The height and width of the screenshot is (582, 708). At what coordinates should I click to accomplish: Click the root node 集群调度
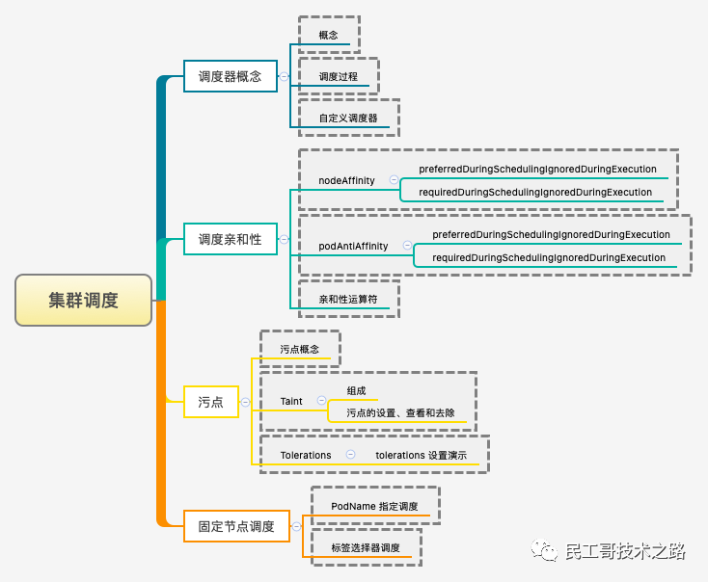pyautogui.click(x=83, y=300)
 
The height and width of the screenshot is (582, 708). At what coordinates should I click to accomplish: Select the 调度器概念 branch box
pyautogui.click(x=230, y=75)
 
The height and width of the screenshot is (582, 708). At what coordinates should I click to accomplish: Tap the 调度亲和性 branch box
pyautogui.click(x=230, y=239)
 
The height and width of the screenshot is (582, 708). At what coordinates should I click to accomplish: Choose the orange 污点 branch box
pyautogui.click(x=210, y=402)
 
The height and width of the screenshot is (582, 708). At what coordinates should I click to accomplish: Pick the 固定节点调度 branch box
pyautogui.click(x=236, y=526)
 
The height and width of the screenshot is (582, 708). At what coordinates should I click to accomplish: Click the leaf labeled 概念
pyautogui.click(x=328, y=35)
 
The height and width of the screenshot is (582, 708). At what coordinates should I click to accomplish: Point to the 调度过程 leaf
pyautogui.click(x=339, y=76)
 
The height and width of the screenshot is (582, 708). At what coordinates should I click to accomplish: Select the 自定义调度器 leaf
pyautogui.click(x=348, y=119)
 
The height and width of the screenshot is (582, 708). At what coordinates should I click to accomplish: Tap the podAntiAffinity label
pyautogui.click(x=353, y=246)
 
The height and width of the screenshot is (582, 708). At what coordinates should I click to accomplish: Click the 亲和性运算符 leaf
pyautogui.click(x=348, y=299)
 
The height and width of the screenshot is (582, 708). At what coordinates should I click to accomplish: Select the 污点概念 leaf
pyautogui.click(x=299, y=349)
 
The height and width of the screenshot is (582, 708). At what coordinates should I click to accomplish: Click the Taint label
pyautogui.click(x=291, y=401)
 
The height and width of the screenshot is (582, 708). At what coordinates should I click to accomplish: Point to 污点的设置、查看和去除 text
pyautogui.click(x=400, y=412)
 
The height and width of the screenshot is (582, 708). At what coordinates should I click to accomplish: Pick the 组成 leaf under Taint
pyautogui.click(x=357, y=390)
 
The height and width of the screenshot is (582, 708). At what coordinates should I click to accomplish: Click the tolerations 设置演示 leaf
pyautogui.click(x=422, y=455)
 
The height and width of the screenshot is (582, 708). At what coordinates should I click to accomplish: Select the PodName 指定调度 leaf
pyautogui.click(x=374, y=506)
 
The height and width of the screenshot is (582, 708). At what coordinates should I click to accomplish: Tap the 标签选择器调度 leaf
pyautogui.click(x=365, y=547)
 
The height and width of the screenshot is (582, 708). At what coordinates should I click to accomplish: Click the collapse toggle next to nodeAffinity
pyautogui.click(x=394, y=180)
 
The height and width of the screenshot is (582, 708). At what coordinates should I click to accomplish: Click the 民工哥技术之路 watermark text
pyautogui.click(x=624, y=551)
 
